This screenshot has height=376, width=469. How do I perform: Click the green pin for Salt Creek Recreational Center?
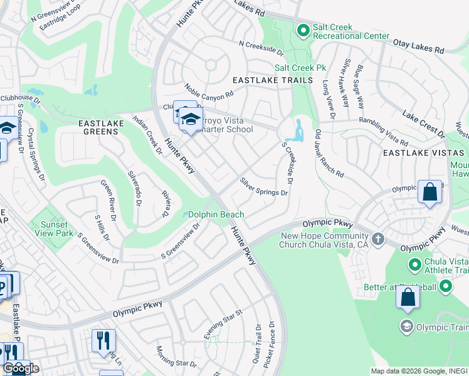[x=303, y=30]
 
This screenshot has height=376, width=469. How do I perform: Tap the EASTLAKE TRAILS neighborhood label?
[x=272, y=81]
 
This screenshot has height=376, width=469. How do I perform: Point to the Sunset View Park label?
[x=56, y=229]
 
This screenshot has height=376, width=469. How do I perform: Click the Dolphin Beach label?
[x=216, y=214]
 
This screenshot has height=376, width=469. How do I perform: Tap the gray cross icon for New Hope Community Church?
[x=377, y=239]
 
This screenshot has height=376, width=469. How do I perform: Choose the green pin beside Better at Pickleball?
[x=446, y=288]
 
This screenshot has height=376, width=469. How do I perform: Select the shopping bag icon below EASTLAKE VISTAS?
[x=430, y=192]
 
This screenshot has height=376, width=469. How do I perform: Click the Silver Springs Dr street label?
[x=263, y=187]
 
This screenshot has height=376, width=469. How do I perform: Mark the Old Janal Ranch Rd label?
[x=329, y=154]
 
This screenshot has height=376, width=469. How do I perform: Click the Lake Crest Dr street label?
[x=424, y=125]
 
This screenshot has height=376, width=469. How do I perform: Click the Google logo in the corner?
[x=21, y=368]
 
